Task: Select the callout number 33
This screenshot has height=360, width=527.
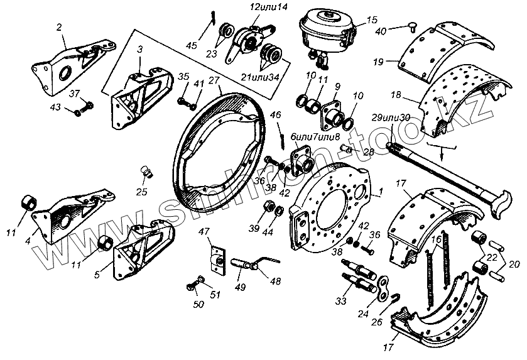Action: click(x=341, y=302)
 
